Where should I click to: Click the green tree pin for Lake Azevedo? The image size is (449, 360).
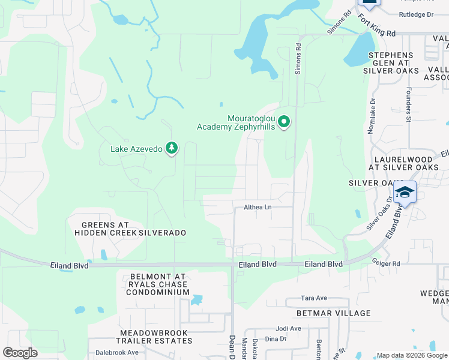click(x=172, y=148)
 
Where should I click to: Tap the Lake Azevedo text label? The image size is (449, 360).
click(x=136, y=149)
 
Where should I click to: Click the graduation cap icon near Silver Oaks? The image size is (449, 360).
click(x=405, y=192)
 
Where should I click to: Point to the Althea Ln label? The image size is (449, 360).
click(x=258, y=207)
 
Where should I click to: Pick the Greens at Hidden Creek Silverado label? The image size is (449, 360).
click(x=130, y=228)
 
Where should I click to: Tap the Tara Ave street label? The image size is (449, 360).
click(x=313, y=298)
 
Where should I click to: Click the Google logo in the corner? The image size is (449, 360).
click(x=20, y=352)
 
